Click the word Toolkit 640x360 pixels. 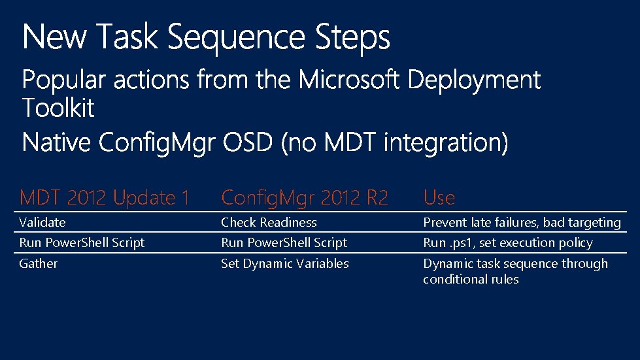(x=59, y=108)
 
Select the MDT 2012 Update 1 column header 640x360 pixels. (x=105, y=197)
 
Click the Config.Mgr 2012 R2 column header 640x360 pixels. (x=305, y=197)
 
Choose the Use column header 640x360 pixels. (x=439, y=197)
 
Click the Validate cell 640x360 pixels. (x=42, y=222)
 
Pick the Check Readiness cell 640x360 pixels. (x=269, y=222)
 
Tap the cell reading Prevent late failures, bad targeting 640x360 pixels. (x=522, y=222)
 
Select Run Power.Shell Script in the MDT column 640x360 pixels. (x=82, y=242)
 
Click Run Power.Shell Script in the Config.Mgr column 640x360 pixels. (x=284, y=242)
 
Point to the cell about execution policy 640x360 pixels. (x=508, y=242)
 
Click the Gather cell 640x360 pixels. (x=39, y=263)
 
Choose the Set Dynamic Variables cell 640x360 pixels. (x=285, y=263)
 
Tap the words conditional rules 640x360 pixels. (x=471, y=279)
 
